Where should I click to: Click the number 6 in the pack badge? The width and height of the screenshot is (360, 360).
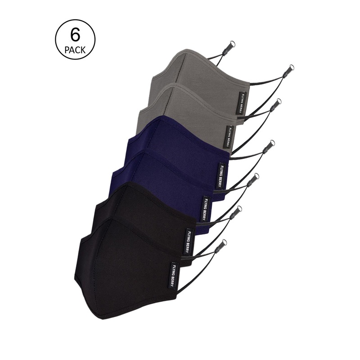click(x=76, y=35)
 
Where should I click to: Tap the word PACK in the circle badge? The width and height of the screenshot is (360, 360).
click(x=75, y=50)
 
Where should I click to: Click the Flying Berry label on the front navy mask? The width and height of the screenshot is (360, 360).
click(x=204, y=209)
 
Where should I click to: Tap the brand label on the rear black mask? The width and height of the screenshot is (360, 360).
click(x=188, y=241)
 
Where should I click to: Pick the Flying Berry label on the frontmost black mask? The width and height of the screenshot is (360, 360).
click(x=174, y=274)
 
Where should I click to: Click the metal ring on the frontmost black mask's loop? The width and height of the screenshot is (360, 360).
click(x=224, y=242)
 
